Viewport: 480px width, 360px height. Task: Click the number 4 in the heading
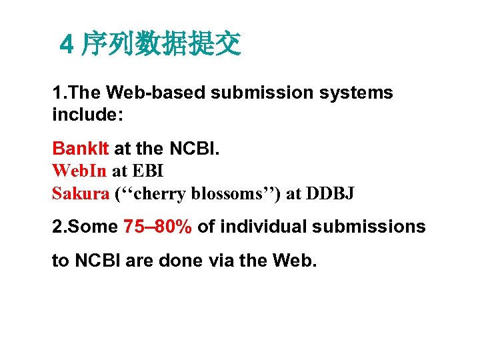(x=65, y=45)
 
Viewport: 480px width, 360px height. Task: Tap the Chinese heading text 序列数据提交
(x=161, y=44)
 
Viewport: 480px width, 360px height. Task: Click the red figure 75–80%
(x=158, y=227)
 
